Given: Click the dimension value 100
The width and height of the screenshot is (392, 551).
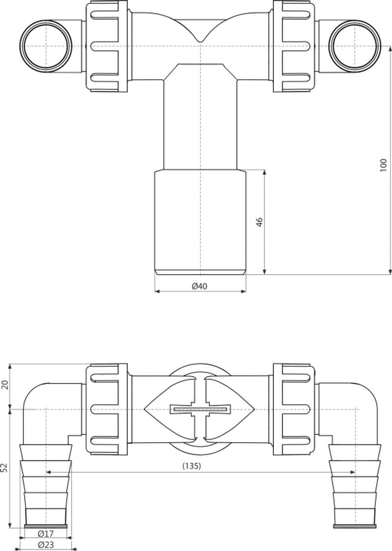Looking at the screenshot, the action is (383, 165).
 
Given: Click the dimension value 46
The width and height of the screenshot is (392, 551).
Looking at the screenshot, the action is (260, 222).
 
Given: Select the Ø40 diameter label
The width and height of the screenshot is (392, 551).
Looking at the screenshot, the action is (199, 286).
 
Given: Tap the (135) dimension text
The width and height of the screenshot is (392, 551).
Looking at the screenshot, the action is (192, 466).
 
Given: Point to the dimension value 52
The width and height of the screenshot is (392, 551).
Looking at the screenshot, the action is (4, 467).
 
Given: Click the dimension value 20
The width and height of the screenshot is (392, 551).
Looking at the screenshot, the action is (4, 385).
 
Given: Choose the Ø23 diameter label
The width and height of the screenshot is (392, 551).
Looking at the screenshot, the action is (46, 546).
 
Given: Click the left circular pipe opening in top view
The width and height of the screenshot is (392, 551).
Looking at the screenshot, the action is (46, 46).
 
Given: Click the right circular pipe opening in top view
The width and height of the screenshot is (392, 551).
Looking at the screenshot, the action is (355, 46).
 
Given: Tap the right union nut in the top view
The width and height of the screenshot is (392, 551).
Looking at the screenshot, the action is (294, 46).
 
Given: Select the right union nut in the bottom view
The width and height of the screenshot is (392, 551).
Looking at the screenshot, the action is (294, 409).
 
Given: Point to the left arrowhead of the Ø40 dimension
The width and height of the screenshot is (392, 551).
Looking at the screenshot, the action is (157, 291).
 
